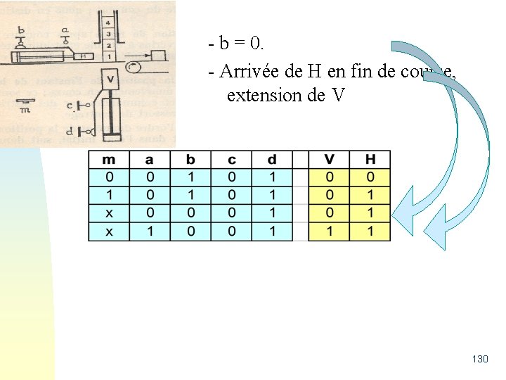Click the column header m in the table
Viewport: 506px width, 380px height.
point(108,160)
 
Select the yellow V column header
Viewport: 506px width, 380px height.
point(329,160)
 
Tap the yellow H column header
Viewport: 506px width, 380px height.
point(370,160)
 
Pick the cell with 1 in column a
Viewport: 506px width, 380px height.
point(149,231)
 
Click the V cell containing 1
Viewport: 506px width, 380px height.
point(329,231)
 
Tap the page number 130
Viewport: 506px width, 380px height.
point(480,360)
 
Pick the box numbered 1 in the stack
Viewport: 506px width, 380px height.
point(108,55)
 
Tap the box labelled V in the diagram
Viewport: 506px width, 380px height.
point(109,78)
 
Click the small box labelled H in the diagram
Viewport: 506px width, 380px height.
point(83,56)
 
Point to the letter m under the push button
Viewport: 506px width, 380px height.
point(25,110)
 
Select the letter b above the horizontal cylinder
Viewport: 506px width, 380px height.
point(20,31)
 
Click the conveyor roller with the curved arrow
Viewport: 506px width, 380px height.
point(132,68)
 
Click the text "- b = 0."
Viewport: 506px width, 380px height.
point(237,44)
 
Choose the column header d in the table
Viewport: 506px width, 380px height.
point(272,160)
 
